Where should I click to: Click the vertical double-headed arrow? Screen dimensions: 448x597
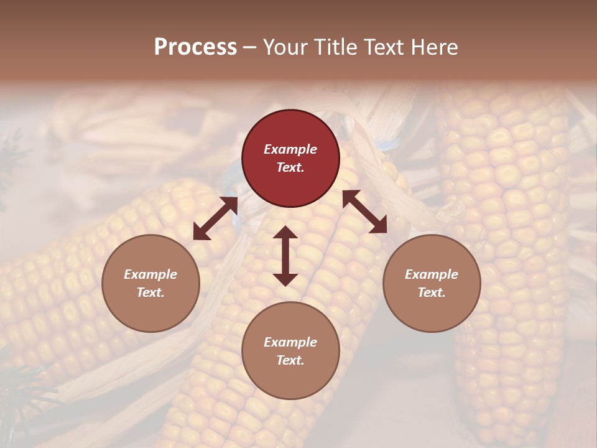pyautogui.click(x=285, y=256)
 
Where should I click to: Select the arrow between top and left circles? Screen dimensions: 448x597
pyautogui.click(x=215, y=218)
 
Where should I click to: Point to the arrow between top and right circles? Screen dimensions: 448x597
pyautogui.click(x=364, y=212)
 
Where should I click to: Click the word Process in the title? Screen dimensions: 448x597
pyautogui.click(x=195, y=47)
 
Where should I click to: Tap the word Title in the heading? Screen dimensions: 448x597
pyautogui.click(x=335, y=47)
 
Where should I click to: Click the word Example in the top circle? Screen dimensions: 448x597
pyautogui.click(x=290, y=149)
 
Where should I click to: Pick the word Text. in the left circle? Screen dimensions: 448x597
pyautogui.click(x=150, y=292)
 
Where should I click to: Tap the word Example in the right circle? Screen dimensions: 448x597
pyautogui.click(x=432, y=274)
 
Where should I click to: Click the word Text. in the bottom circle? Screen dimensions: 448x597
pyautogui.click(x=290, y=360)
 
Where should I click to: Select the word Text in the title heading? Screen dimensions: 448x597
pyautogui.click(x=381, y=47)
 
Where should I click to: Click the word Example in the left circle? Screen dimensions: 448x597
pyautogui.click(x=150, y=274)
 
